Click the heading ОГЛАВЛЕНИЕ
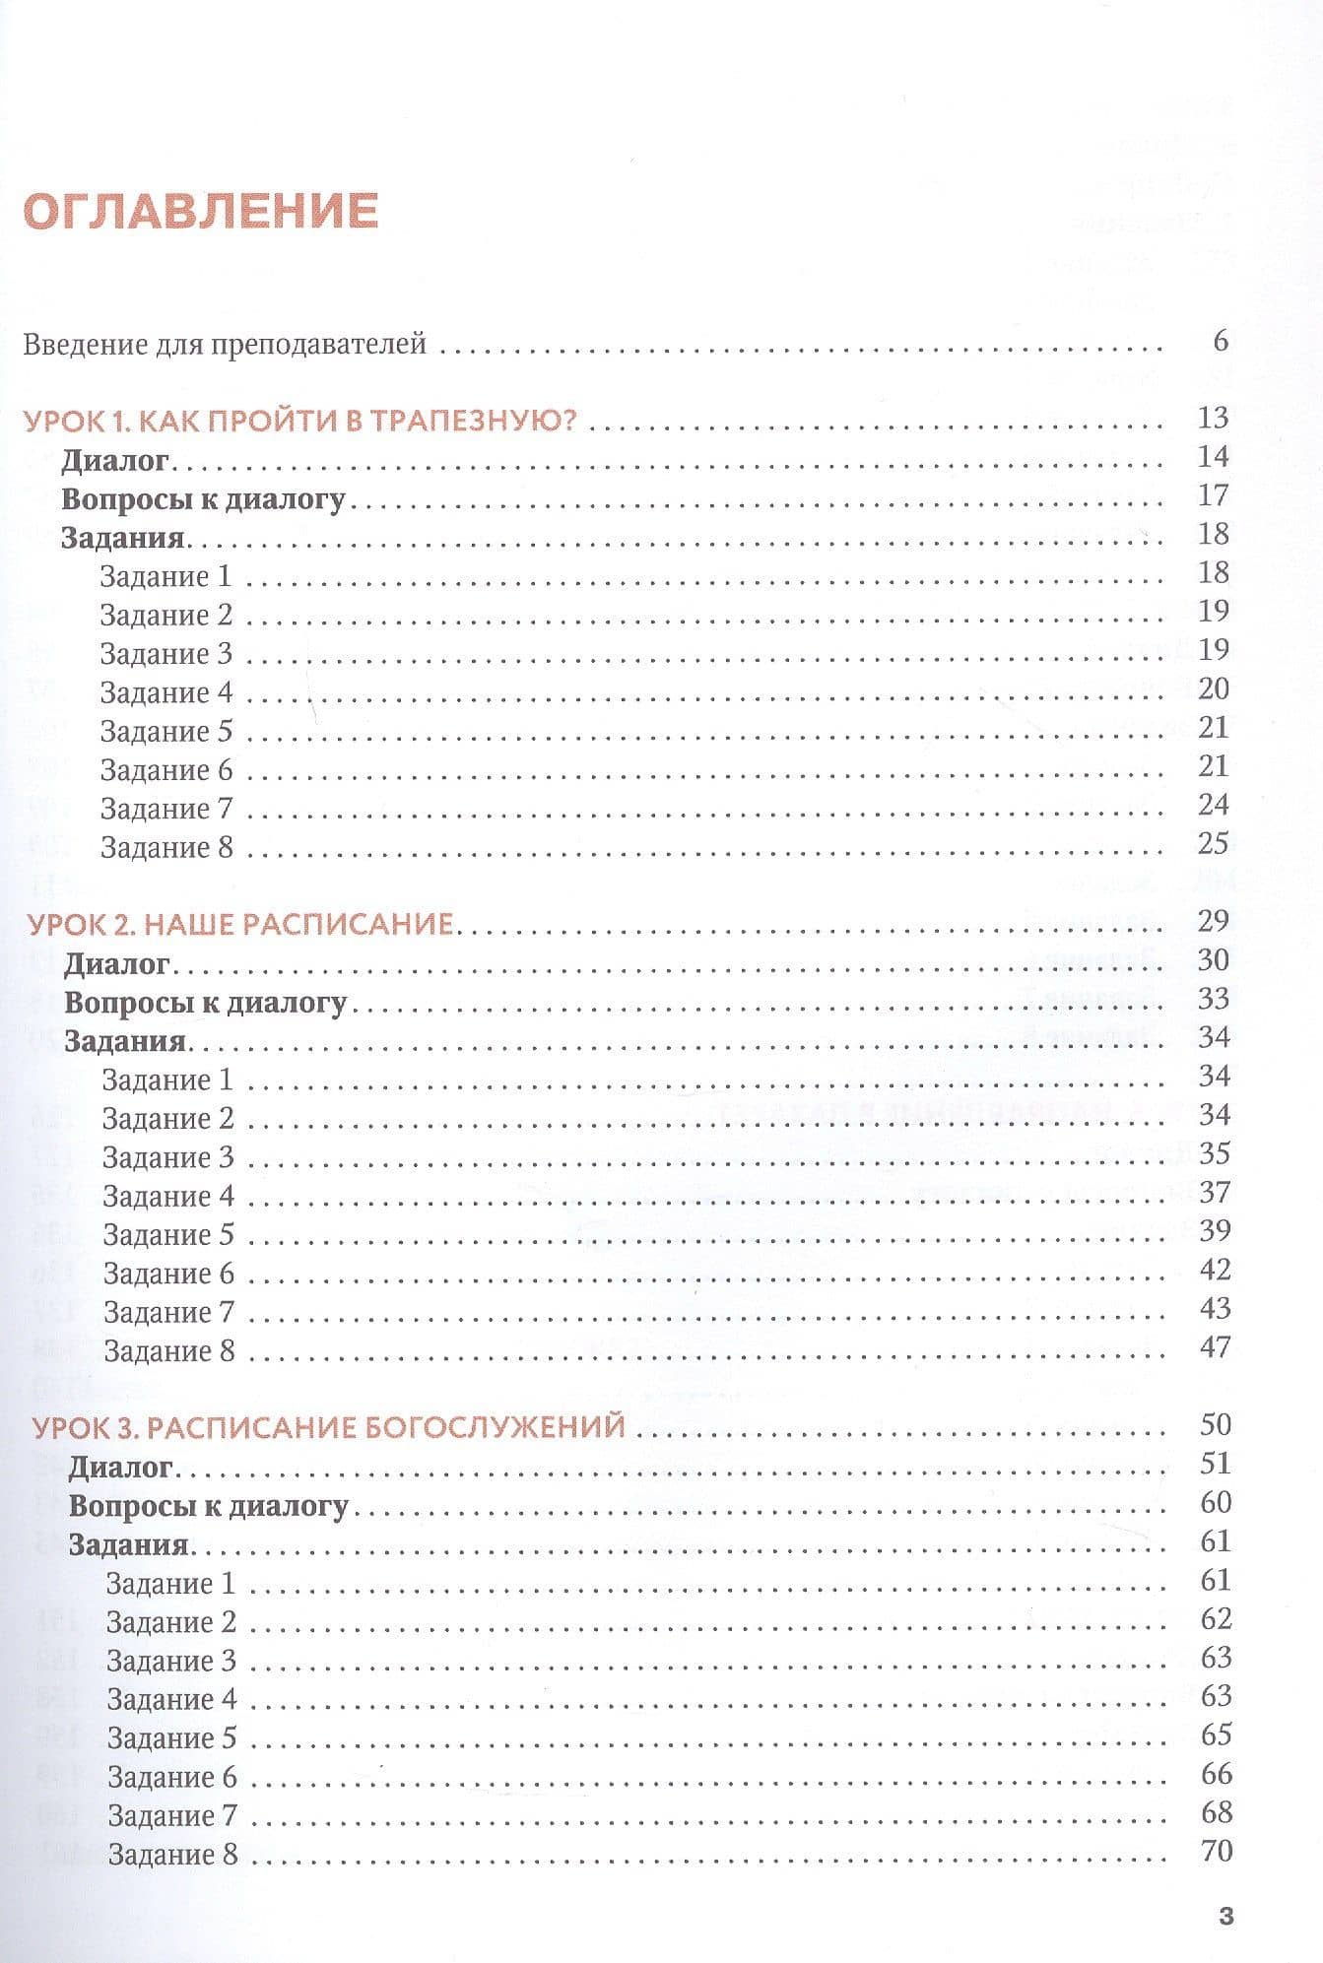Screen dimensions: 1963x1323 pyautogui.click(x=201, y=211)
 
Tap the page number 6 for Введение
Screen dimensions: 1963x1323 pyautogui.click(x=1221, y=341)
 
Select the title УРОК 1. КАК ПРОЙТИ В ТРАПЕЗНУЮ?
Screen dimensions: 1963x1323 pyautogui.click(x=299, y=421)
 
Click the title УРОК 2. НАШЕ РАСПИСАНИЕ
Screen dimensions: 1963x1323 pyautogui.click(x=240, y=924)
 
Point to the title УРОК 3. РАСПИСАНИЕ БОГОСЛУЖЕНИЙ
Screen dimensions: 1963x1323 pyautogui.click(x=329, y=1426)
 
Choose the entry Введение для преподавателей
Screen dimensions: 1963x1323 pyautogui.click(x=225, y=344)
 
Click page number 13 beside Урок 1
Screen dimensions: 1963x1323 pyautogui.click(x=1214, y=418)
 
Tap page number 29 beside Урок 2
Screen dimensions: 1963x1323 pyautogui.click(x=1214, y=921)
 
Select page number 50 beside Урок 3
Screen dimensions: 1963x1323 pyautogui.click(x=1216, y=1424)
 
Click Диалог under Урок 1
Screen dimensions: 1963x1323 pyautogui.click(x=116, y=460)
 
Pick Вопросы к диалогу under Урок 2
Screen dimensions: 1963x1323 pyautogui.click(x=205, y=1003)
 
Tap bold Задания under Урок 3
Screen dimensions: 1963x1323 pyautogui.click(x=128, y=1544)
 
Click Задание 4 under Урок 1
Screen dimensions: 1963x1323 pyautogui.click(x=166, y=692)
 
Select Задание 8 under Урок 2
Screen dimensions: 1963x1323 pyautogui.click(x=169, y=1350)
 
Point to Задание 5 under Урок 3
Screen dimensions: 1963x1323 pyautogui.click(x=172, y=1738)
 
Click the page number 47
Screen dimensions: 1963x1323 pyautogui.click(x=1216, y=1346)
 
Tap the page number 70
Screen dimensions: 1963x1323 pyautogui.click(x=1218, y=1851)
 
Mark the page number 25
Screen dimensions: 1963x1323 pyautogui.click(x=1214, y=843)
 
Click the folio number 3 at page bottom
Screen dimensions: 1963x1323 pyautogui.click(x=1225, y=1917)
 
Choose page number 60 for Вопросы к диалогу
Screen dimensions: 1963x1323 pyautogui.click(x=1216, y=1502)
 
